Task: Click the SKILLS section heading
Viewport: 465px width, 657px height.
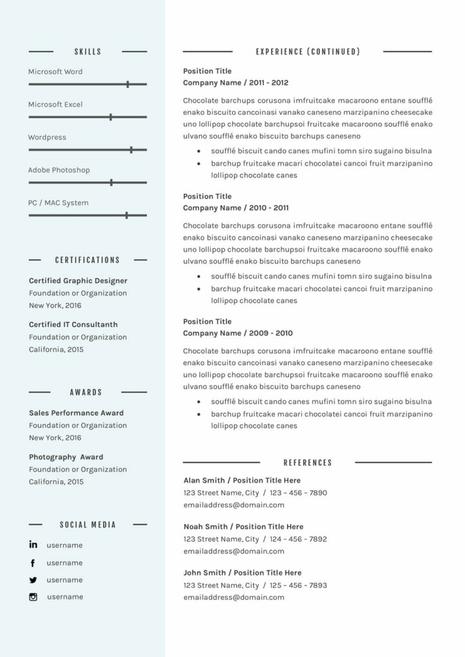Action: click(x=87, y=51)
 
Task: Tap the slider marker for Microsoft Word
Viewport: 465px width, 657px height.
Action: click(x=128, y=84)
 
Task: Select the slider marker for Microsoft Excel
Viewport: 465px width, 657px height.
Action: click(x=110, y=117)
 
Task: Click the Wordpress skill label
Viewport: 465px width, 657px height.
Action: click(x=47, y=137)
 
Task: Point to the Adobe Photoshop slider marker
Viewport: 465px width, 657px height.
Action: click(x=111, y=182)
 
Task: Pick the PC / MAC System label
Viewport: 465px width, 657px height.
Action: click(x=58, y=203)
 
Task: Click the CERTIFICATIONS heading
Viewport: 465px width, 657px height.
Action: click(x=87, y=260)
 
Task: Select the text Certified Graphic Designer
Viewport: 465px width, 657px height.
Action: click(x=78, y=280)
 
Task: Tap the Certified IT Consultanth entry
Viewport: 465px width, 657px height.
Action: click(x=73, y=325)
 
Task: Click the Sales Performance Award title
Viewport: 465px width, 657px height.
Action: click(x=76, y=413)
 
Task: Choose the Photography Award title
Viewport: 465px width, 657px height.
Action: click(x=66, y=457)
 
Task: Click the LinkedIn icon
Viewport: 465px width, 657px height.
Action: click(x=33, y=545)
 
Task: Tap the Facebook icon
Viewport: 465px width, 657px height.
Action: click(x=33, y=563)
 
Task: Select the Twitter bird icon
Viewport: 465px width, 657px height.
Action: click(x=33, y=580)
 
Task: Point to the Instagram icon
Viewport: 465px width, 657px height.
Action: click(x=33, y=597)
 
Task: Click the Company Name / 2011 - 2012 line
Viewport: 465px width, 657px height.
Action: click(x=236, y=83)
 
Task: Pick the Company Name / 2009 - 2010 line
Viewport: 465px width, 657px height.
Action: click(x=238, y=333)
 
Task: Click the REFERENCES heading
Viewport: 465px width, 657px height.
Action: click(x=308, y=463)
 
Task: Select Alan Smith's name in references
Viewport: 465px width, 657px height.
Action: click(x=204, y=480)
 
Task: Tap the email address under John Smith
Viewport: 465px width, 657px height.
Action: click(x=234, y=597)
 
